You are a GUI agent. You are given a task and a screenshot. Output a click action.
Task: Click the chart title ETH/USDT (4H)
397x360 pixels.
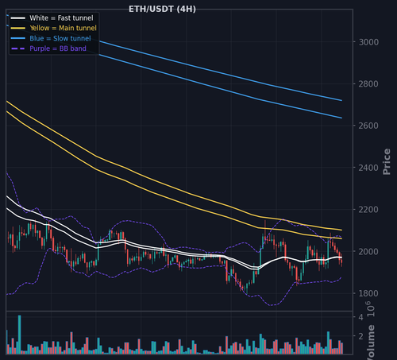162,9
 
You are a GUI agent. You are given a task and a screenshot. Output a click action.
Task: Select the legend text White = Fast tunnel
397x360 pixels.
61,18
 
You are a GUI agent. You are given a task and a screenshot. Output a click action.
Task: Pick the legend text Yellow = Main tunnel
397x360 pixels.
64,28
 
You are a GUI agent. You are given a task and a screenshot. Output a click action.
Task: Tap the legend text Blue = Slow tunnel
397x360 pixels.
60,38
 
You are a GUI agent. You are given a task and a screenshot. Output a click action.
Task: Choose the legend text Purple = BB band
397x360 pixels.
58,48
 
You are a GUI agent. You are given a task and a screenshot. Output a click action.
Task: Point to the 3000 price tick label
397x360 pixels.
368,42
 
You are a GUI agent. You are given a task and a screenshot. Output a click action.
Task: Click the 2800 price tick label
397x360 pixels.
368,84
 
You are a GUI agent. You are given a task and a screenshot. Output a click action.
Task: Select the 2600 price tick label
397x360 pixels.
368,126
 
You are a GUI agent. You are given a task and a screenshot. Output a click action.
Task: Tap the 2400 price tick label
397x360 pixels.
368,168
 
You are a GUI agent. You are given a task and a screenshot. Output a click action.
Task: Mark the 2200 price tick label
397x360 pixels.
368,210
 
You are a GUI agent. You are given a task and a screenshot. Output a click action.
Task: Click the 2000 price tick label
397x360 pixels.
368,251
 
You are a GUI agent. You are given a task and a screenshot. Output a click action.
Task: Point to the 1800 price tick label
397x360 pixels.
368,293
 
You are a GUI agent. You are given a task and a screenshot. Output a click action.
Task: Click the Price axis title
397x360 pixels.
387,161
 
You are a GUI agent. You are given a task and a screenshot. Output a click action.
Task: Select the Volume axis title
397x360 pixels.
371,343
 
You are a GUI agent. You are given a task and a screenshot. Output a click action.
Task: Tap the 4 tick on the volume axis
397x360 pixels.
360,317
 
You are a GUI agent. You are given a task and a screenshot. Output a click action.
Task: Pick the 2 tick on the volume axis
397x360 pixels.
360,336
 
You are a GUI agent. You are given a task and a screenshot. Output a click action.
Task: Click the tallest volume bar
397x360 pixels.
19,335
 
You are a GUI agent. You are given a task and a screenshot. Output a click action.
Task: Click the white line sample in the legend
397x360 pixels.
18,18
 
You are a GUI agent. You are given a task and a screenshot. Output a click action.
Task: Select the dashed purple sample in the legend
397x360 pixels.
18,48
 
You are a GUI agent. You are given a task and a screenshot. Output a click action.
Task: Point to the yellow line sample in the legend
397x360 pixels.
18,28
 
